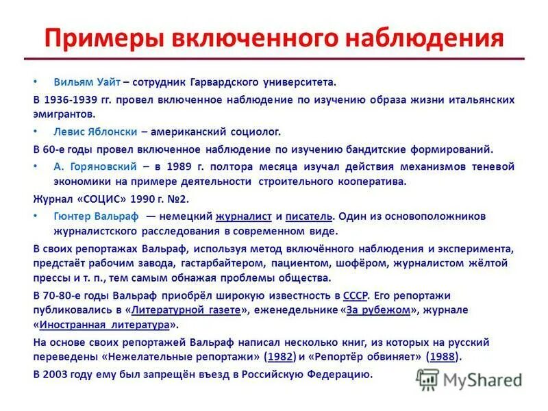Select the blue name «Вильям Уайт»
pos(87,82)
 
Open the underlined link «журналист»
pos(244,216)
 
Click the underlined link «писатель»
pos(310,216)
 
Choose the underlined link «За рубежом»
pos(378,310)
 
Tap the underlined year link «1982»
pos(282,356)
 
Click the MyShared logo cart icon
pos(428,379)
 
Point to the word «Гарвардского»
pos(234,82)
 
